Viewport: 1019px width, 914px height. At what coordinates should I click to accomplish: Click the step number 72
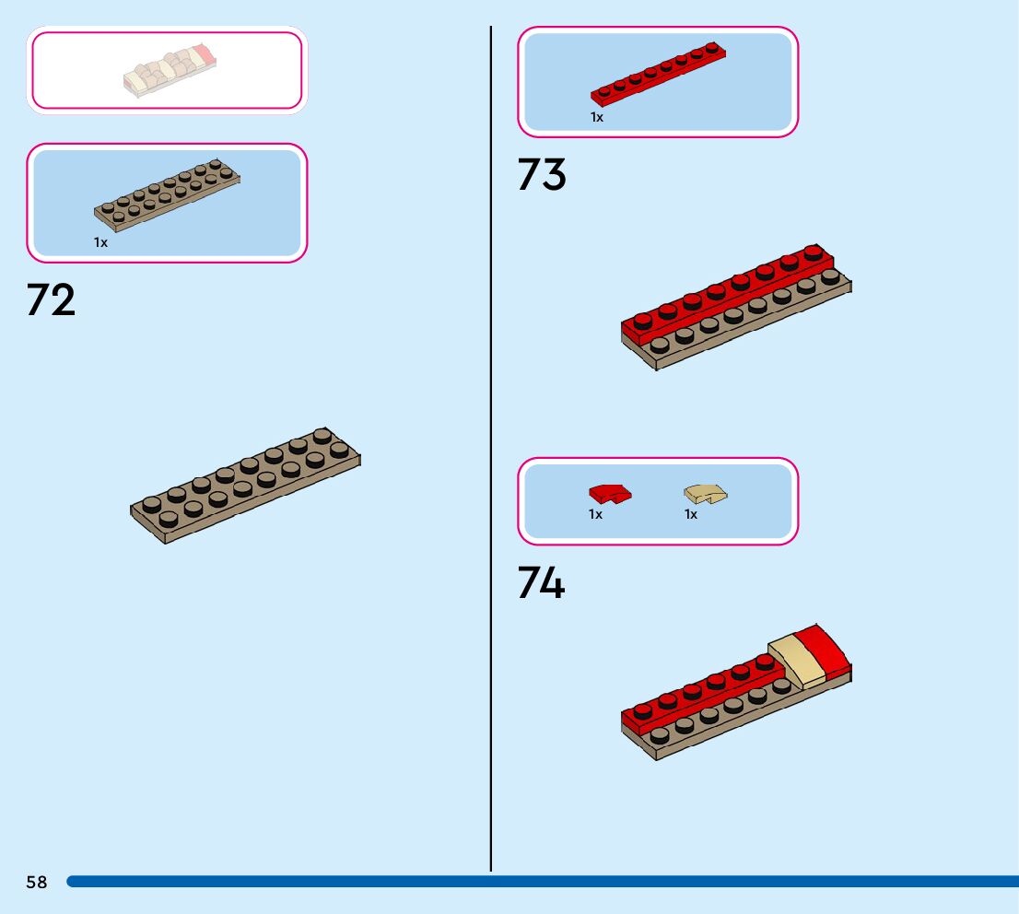(x=51, y=300)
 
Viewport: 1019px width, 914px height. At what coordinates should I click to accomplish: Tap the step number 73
(x=542, y=174)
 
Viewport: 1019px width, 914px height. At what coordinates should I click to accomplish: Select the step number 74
(x=542, y=583)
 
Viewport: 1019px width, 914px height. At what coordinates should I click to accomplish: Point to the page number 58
(x=37, y=883)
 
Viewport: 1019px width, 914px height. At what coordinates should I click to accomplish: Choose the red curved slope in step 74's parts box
(x=610, y=494)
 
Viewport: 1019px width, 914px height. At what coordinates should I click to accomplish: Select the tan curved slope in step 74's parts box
(x=706, y=495)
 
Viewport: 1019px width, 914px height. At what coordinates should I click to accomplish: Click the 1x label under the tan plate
(x=100, y=242)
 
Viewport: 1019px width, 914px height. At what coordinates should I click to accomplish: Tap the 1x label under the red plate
(x=597, y=117)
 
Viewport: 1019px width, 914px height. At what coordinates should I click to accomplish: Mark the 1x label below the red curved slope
(x=596, y=514)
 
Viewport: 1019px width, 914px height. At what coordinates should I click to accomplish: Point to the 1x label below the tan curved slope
(x=691, y=514)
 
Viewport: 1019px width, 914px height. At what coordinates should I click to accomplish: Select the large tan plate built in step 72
(x=245, y=486)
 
